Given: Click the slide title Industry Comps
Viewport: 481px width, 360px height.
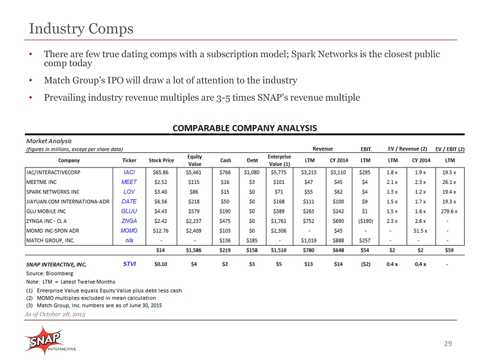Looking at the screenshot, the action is (x=81, y=29).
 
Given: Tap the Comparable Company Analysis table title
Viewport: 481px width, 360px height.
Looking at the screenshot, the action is (x=244, y=128).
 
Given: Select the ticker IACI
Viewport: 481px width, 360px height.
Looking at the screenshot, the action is (x=129, y=173).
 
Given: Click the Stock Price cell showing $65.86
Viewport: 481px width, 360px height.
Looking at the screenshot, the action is (x=161, y=173).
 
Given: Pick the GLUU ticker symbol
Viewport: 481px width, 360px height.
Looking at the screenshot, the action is (x=129, y=211).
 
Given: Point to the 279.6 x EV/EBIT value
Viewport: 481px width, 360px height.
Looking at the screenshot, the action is (x=450, y=212).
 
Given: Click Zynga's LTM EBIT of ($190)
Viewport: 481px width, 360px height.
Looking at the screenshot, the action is (x=366, y=221).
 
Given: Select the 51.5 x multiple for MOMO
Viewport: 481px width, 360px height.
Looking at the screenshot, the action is (x=420, y=231).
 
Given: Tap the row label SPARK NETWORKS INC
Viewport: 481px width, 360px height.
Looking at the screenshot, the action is (x=53, y=192).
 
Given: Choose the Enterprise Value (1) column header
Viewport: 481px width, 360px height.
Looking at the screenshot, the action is (x=279, y=160).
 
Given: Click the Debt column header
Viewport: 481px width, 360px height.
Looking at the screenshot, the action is (x=252, y=160).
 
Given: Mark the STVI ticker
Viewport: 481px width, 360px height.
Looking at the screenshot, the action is (x=130, y=264).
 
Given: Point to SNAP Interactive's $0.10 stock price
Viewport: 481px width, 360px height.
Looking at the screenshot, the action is (x=161, y=264).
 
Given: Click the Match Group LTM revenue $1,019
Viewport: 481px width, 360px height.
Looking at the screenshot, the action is (x=308, y=241).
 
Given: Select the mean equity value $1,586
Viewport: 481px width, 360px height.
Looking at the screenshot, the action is (x=194, y=250).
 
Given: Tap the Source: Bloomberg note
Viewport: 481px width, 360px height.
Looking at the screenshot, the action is (x=50, y=273).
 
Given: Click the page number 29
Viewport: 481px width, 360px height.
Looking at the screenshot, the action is (x=448, y=344).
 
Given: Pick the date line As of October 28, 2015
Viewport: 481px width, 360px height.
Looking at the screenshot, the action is (x=55, y=314).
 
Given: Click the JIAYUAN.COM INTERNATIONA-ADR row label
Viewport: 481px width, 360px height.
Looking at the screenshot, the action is (x=68, y=202).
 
